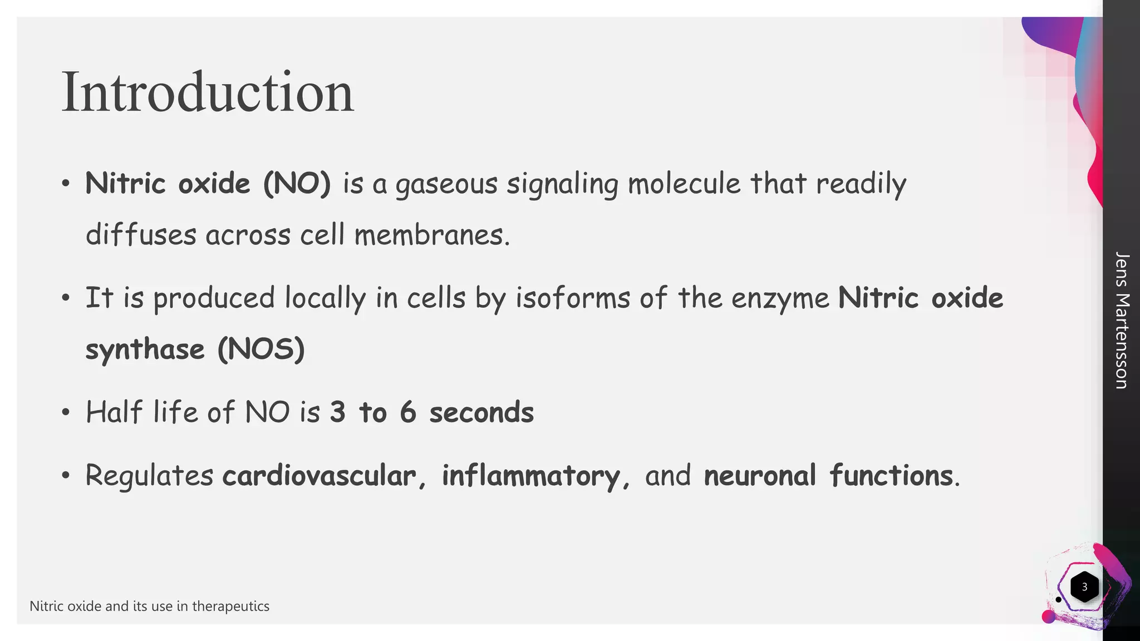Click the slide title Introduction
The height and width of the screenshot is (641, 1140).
pyautogui.click(x=207, y=92)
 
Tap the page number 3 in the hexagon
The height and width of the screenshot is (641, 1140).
pyautogui.click(x=1084, y=586)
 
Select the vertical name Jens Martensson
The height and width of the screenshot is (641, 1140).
pyautogui.click(x=1122, y=320)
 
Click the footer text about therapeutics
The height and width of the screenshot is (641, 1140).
pyautogui.click(x=149, y=606)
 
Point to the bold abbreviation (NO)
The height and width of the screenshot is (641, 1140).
pyautogui.click(x=297, y=184)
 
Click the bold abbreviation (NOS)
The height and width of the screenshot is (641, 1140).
pyautogui.click(x=261, y=349)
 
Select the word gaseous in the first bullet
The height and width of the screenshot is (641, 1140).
pyautogui.click(x=446, y=185)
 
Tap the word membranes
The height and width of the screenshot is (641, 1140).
pyautogui.click(x=432, y=235)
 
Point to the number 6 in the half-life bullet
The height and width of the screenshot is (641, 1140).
pyautogui.click(x=408, y=412)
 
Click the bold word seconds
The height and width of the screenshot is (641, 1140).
pyautogui.click(x=481, y=412)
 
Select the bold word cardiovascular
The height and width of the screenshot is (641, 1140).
pyautogui.click(x=319, y=476)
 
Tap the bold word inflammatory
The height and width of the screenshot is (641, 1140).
pyautogui.click(x=530, y=476)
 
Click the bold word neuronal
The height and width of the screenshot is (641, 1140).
pyautogui.click(x=760, y=476)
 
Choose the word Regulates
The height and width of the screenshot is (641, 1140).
pyautogui.click(x=149, y=476)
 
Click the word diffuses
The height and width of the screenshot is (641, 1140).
pyautogui.click(x=141, y=235)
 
